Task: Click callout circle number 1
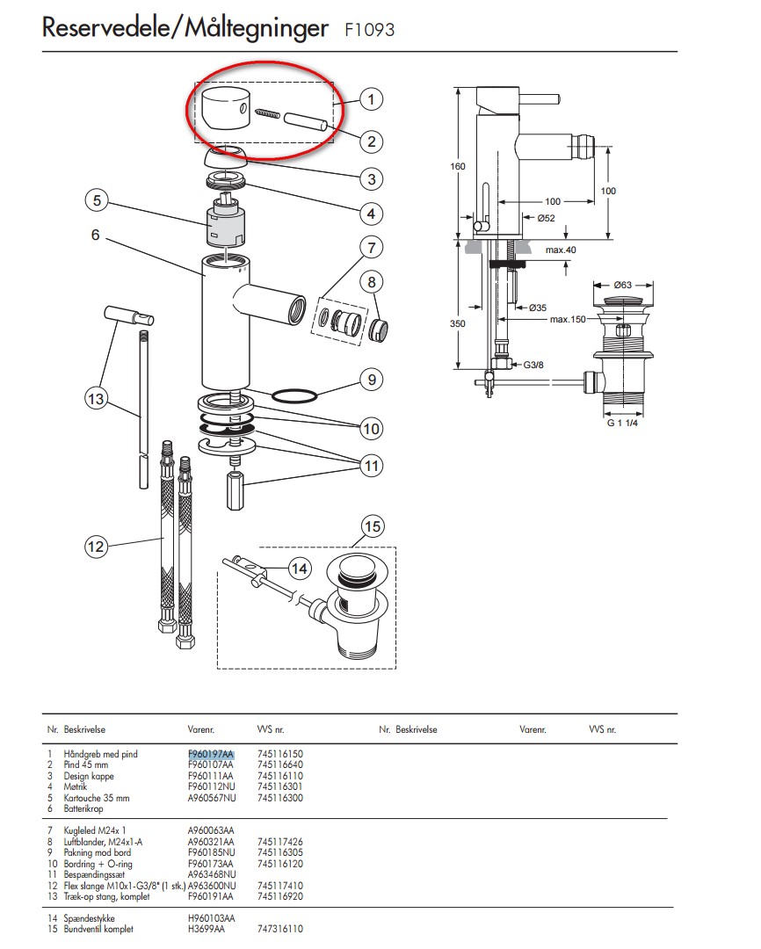(371, 99)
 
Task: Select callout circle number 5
(98, 201)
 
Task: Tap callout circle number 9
(372, 380)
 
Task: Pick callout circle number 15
(373, 526)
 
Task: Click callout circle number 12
(95, 547)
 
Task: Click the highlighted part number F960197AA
(211, 754)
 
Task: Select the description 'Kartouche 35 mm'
(97, 798)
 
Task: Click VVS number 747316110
(280, 928)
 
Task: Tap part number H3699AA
(207, 928)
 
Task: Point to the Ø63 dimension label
(623, 285)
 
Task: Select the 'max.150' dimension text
(569, 319)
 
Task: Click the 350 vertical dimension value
(457, 323)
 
